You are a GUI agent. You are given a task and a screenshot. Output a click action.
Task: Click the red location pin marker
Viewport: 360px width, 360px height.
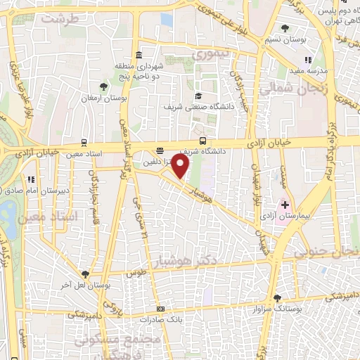click(x=181, y=167)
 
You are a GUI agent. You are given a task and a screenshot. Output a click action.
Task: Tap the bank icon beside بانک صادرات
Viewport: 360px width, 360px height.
click(x=160, y=309)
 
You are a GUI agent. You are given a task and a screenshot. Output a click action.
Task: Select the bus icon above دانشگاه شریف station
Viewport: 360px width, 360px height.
click(x=203, y=140)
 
